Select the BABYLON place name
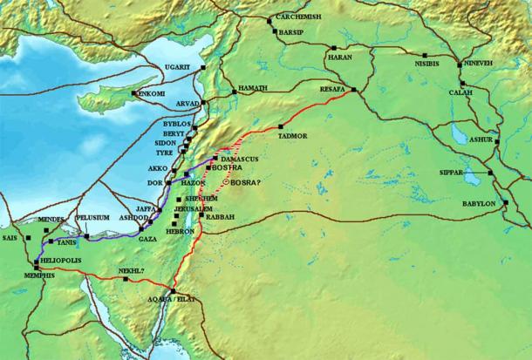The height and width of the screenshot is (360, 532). click(478, 204)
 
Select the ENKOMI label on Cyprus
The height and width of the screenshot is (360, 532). click(150, 94)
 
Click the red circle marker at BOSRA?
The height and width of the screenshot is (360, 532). click(226, 182)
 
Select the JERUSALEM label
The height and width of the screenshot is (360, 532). click(194, 209)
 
